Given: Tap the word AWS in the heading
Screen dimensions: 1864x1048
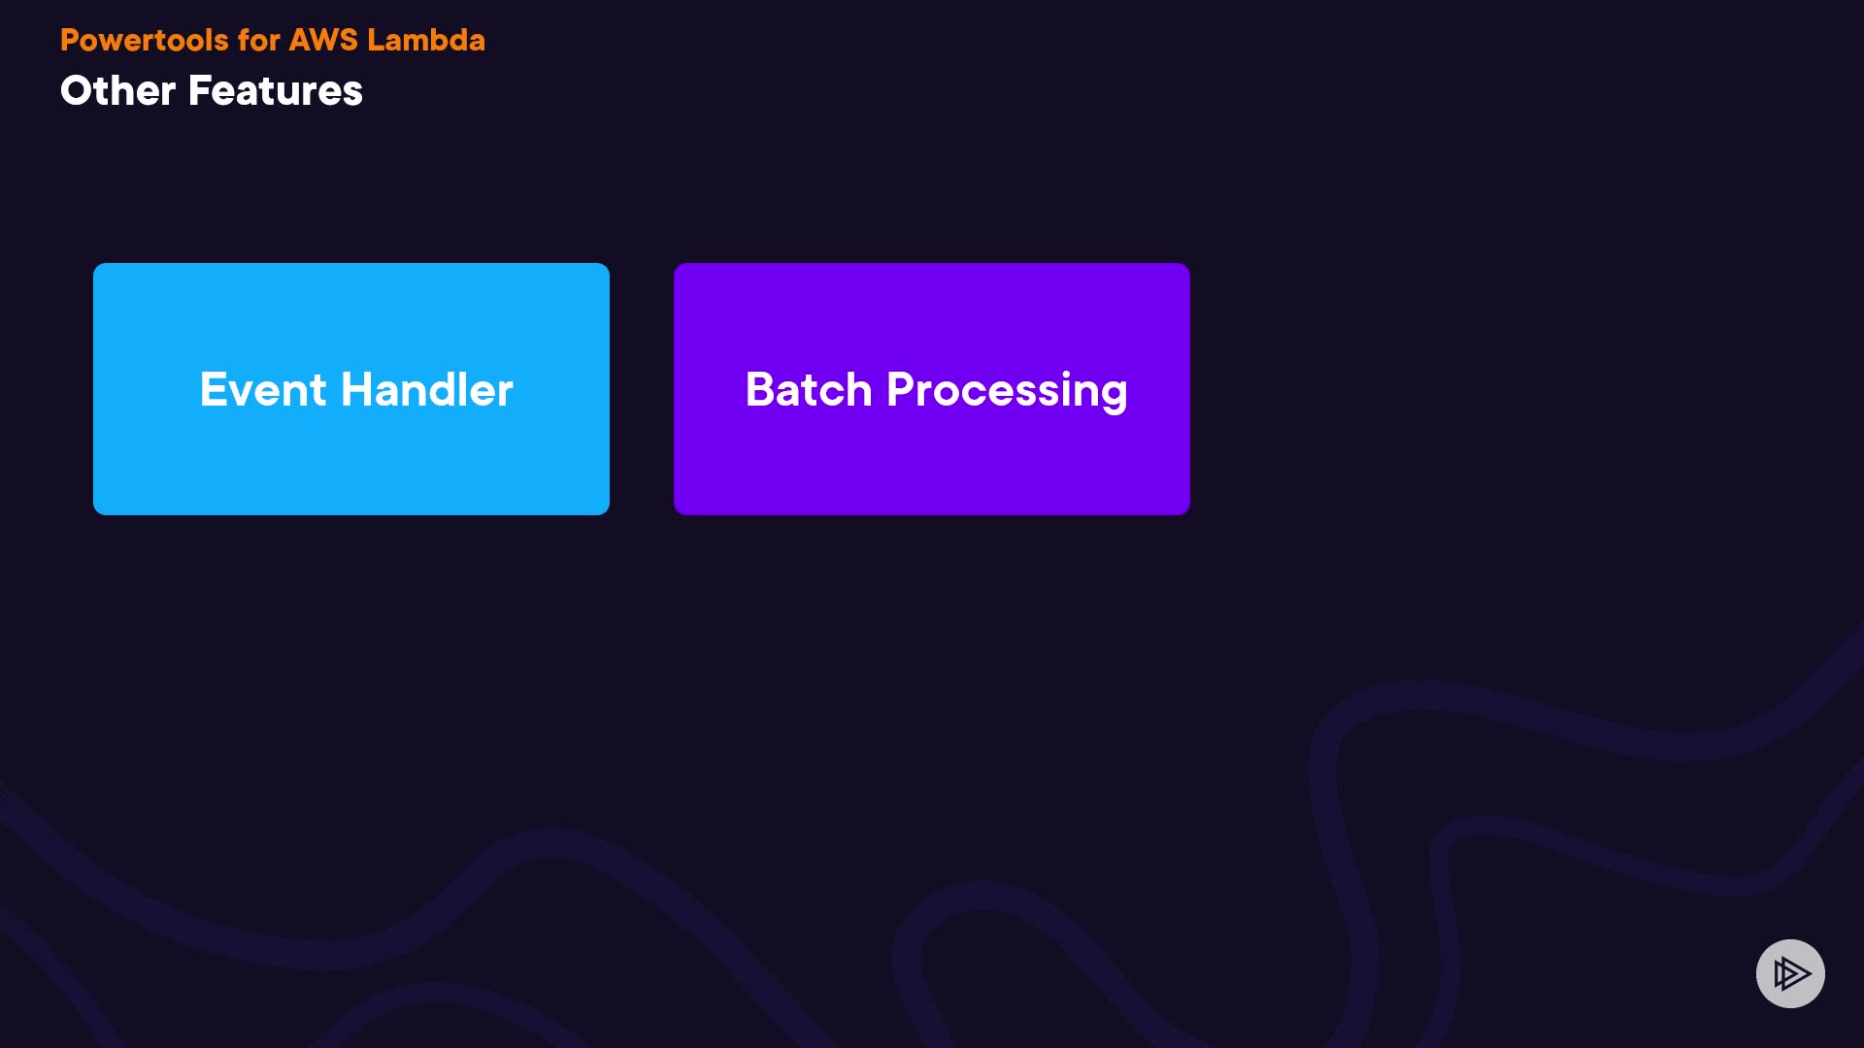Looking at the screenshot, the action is pos(323,40).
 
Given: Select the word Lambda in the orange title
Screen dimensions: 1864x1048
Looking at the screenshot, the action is pos(426,40).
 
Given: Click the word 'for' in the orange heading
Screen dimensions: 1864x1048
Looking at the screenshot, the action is pos(258,40).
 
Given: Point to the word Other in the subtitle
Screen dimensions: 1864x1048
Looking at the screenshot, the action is pos(118,91).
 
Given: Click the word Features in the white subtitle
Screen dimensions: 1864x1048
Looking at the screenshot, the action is pos(276,91).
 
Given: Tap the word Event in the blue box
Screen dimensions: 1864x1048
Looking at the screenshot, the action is pos(263,390).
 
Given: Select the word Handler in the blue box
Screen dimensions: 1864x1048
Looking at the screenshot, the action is pos(427,390).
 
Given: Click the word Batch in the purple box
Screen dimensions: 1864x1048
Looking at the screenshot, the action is pos(809,390).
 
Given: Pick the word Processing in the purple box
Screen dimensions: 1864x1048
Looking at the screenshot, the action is pos(1007,393).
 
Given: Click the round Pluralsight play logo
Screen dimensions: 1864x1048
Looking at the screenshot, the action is pos(1790,973).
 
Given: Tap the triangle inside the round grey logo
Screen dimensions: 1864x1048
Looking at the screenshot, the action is pos(1791,973).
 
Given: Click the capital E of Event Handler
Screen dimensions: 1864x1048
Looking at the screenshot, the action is pos(214,390).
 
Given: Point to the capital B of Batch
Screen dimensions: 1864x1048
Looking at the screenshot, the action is pos(761,390).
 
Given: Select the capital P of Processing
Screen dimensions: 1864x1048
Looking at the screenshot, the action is pos(902,390).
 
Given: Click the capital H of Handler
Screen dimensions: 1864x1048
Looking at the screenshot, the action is pos(358,390).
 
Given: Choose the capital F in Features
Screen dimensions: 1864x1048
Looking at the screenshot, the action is pos(200,91).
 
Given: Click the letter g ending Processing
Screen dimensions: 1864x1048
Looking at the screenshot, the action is pos(1115,397).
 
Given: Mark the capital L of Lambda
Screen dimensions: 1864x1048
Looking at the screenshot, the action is pos(376,40).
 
